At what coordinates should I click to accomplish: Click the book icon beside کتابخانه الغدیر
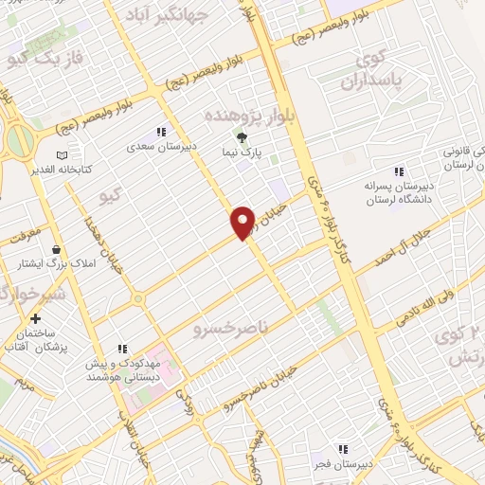point(63,155)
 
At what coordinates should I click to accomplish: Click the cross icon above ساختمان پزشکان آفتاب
point(36,319)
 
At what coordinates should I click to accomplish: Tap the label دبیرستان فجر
point(343,465)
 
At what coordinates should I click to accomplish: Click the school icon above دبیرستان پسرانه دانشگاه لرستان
point(398,171)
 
